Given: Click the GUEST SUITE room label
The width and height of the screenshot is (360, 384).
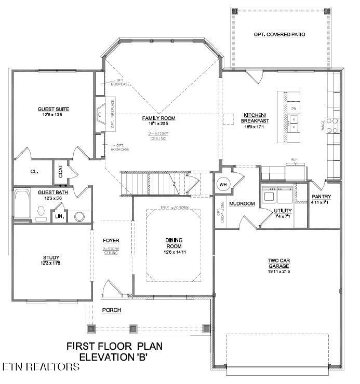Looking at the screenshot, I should coord(53,109).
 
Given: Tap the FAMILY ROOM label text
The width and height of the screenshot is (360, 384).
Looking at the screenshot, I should coord(159,118).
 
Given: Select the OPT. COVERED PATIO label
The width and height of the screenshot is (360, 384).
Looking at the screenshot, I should coord(279,34).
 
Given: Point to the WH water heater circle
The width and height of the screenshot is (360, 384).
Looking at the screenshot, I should coord(223,184).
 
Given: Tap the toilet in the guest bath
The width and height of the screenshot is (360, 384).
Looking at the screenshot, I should coord(41,212).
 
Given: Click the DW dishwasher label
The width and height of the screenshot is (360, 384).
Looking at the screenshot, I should coord(294,108).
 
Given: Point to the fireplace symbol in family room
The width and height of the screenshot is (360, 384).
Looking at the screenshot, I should coord(101,111).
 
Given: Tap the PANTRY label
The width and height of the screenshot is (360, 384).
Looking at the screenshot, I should coord(322,197).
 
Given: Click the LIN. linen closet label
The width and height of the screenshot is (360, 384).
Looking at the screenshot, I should coord(59,216).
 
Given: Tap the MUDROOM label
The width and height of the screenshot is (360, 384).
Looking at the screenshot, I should coord(242,204).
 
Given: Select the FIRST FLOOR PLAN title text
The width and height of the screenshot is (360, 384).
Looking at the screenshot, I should coord(115,346).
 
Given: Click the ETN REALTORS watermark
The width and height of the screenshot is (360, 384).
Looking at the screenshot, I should coord(41,367).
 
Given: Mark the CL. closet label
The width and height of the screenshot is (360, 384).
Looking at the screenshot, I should coord(34,172).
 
